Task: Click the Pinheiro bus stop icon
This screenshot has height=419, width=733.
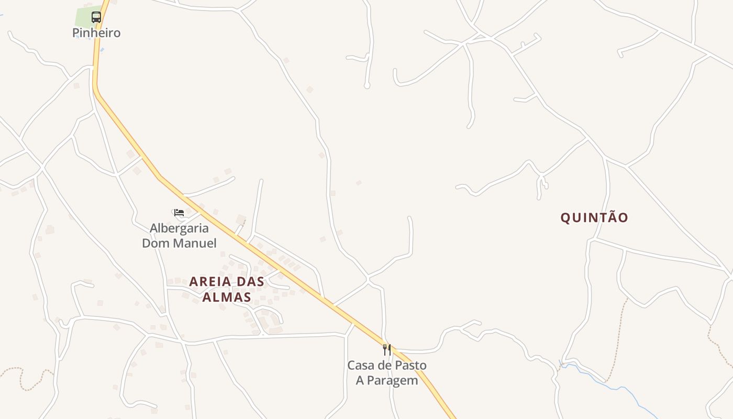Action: (x=96, y=17)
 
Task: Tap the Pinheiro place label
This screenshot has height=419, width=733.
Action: (x=96, y=33)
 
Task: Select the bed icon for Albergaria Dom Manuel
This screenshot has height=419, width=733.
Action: (x=179, y=212)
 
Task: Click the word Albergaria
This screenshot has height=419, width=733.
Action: (x=179, y=228)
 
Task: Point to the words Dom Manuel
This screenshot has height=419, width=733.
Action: (x=179, y=243)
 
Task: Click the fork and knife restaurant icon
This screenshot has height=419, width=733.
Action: (x=387, y=349)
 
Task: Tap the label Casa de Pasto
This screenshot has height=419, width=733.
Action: (x=387, y=365)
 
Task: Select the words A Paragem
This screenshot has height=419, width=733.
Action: (x=387, y=380)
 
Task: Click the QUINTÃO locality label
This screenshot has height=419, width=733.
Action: (x=594, y=218)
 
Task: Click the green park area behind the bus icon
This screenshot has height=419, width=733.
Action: (x=83, y=16)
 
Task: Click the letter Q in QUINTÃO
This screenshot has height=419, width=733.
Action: (x=565, y=218)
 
